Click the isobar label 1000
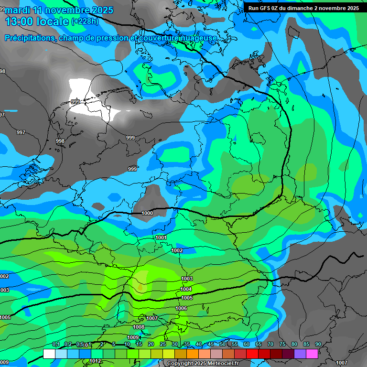pyautogui.click(x=148, y=213)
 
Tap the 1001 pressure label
pyautogui.click(x=161, y=237)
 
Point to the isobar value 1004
pyautogui.click(x=186, y=289)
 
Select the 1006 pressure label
pyautogui.click(x=181, y=309)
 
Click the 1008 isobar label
pyautogui.click(x=139, y=327)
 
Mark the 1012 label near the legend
pyautogui.click(x=96, y=361)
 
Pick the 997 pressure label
pyautogui.click(x=21, y=132)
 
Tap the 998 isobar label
pyautogui.click(x=60, y=141)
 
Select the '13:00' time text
pyautogui.click(x=19, y=22)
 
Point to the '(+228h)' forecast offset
pyautogui.click(x=85, y=22)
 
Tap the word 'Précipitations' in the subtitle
pyautogui.click(x=30, y=38)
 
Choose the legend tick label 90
pyautogui.click(x=318, y=345)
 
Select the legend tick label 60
pyautogui.click(x=247, y=345)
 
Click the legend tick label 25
pyautogui.click(x=163, y=345)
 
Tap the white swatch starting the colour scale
pyautogui.click(x=49, y=354)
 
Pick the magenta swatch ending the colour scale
pyautogui.click(x=312, y=354)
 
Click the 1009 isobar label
pyautogui.click(x=133, y=337)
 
